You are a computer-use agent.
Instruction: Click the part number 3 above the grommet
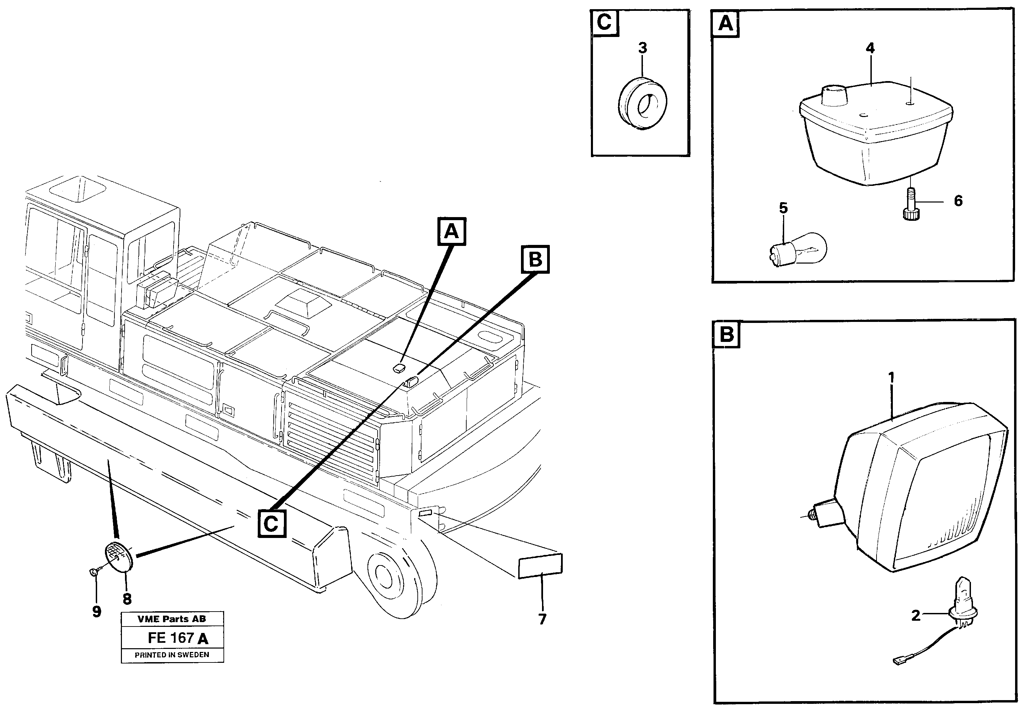point(643,48)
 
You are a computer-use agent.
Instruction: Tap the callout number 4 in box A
point(870,48)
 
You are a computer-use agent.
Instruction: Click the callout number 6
point(958,201)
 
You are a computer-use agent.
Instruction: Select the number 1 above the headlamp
point(891,378)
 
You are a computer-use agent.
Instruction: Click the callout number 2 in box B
point(916,616)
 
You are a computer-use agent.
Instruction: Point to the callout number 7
point(542,619)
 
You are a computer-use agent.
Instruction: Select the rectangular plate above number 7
point(540,566)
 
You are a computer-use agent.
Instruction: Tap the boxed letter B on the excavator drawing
point(535,259)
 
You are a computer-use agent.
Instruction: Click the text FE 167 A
point(178,638)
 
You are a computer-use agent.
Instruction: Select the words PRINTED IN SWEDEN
point(172,655)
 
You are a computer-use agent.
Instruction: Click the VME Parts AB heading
point(172,619)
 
